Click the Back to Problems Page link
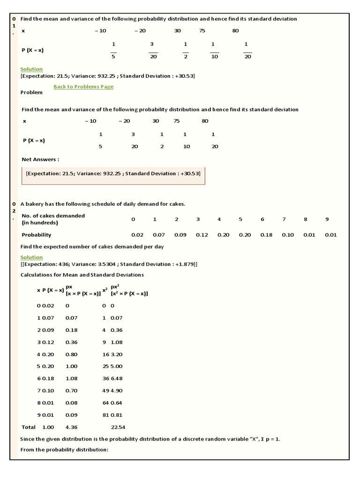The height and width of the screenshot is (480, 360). (83, 87)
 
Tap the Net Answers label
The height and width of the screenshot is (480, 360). (40, 159)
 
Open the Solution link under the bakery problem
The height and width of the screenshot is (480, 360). (31, 257)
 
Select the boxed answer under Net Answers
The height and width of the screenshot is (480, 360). (113, 173)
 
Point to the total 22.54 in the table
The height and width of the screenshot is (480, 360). (118, 427)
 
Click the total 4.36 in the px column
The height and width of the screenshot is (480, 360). (71, 427)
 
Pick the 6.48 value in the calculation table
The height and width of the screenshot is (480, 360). (116, 378)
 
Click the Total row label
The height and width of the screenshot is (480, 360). (29, 427)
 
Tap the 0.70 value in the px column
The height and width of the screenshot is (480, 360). (72, 390)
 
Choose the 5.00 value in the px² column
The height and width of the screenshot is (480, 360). (116, 366)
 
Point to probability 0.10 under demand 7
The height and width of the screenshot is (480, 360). (287, 235)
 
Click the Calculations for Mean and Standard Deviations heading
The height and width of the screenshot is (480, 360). (82, 275)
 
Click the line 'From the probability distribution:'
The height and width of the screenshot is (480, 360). (64, 450)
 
